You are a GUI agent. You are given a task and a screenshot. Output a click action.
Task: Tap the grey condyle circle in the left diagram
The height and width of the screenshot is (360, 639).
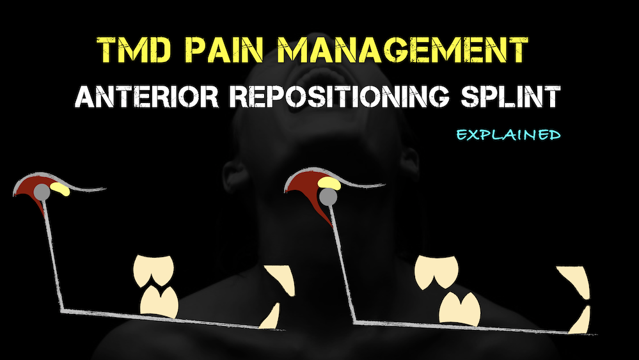(43, 190)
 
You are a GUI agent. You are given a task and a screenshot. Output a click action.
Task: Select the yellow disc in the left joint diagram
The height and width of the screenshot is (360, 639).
(61, 189)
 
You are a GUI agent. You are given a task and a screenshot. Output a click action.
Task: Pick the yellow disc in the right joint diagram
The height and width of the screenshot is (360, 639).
(330, 183)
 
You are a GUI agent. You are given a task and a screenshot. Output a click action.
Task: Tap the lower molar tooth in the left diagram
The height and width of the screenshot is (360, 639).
(159, 302)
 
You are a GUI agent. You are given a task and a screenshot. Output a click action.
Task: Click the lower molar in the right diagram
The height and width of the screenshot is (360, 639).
(460, 308)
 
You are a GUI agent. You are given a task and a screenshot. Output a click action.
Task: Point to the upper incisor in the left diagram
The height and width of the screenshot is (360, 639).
(281, 280)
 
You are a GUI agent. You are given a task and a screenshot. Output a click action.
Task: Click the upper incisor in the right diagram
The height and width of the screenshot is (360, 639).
(572, 283)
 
